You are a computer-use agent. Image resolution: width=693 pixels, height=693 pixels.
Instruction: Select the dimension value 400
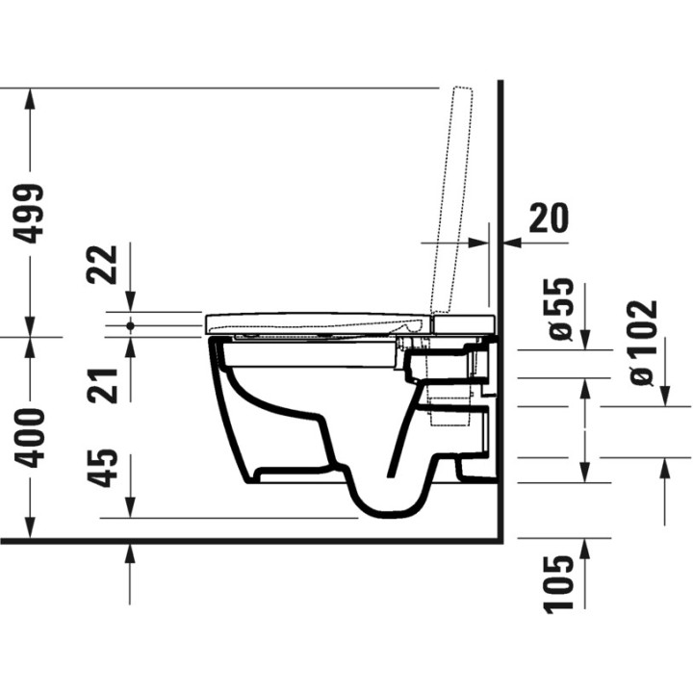pyautogui.click(x=32, y=438)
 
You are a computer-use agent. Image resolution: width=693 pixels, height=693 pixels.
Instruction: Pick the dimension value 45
pyautogui.click(x=107, y=469)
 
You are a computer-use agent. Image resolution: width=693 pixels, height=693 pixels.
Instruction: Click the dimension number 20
pyautogui.click(x=549, y=218)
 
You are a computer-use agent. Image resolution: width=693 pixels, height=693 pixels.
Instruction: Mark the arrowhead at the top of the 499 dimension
pyautogui.click(x=32, y=97)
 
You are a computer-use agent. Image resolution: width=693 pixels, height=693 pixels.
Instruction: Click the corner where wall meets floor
pyautogui.click(x=501, y=541)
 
